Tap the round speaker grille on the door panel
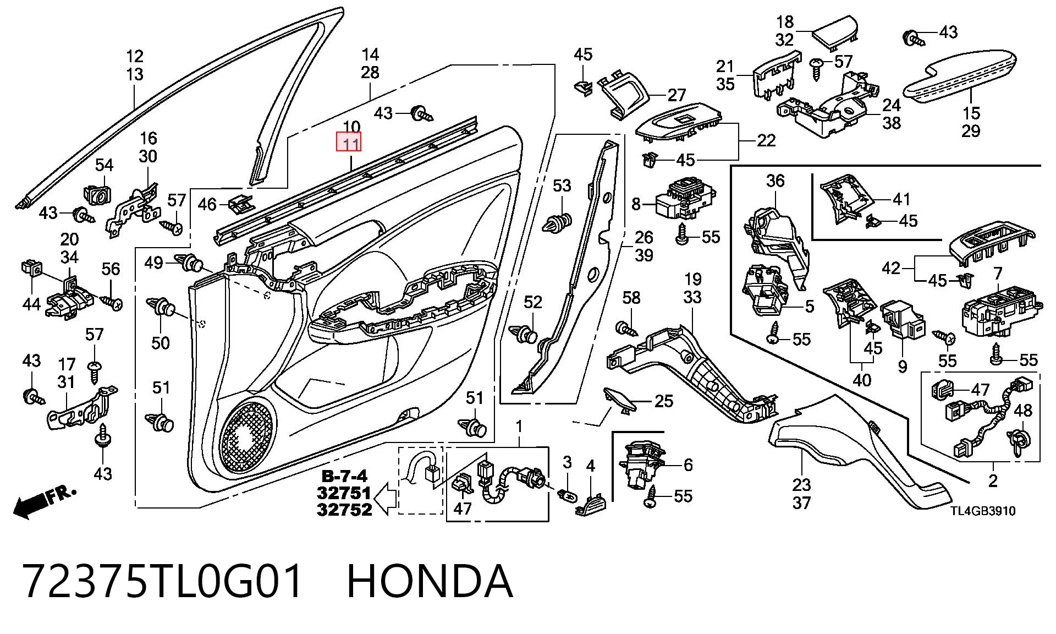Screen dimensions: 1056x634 (247, 438)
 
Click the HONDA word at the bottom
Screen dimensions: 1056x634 (430, 581)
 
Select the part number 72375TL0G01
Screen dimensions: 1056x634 (163, 581)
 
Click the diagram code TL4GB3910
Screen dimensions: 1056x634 (983, 511)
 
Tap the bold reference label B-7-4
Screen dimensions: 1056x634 (344, 477)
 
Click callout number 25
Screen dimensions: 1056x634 (664, 401)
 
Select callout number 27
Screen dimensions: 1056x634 (676, 95)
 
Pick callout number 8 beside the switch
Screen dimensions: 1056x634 (636, 204)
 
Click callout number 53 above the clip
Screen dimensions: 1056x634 (562, 185)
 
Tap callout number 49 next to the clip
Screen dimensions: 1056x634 (153, 263)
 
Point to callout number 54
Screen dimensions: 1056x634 (104, 165)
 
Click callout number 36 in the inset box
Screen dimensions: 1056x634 (775, 181)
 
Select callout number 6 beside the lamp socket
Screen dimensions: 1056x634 (688, 465)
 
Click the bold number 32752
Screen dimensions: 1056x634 (344, 510)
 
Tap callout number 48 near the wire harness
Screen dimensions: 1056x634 (1022, 411)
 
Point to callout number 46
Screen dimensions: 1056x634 (207, 205)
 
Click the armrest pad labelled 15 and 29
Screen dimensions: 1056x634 (960, 77)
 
